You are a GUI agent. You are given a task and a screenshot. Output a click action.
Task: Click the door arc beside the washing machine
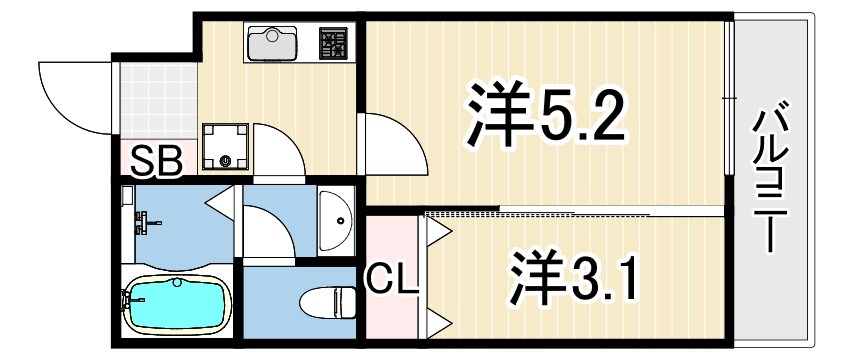(x=277, y=149)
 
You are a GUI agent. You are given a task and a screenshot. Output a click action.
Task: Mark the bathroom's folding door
(x=220, y=201)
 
